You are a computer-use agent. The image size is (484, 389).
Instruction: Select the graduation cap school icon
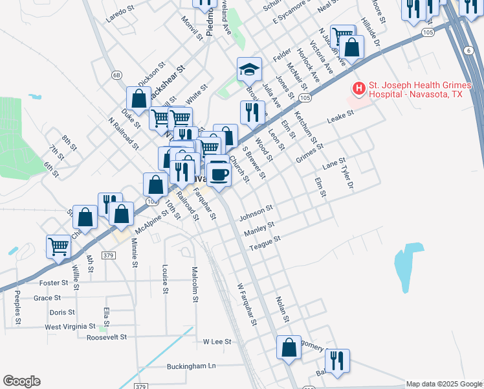click(248, 69)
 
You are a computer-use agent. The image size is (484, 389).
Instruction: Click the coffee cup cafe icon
click(219, 173)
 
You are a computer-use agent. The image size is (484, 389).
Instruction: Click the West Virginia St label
click(71, 326)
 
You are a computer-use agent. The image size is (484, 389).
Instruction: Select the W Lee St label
click(217, 341)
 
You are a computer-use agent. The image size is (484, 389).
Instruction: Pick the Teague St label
click(269, 239)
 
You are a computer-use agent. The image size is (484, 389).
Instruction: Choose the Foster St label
click(54, 283)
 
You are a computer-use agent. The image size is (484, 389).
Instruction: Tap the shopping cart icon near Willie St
click(59, 246)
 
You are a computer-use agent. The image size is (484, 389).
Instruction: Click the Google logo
click(21, 381)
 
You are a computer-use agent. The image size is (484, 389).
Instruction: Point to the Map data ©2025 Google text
click(444, 384)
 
